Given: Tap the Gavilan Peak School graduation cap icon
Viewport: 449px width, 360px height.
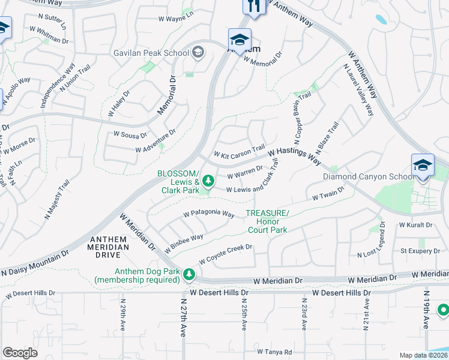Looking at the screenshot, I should pos(197,53).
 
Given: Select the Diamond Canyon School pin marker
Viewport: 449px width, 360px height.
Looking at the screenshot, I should pos(423,165).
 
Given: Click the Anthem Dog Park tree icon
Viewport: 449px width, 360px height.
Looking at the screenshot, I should pos(190,274).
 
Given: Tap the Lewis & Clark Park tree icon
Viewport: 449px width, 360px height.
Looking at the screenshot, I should pos(208,180).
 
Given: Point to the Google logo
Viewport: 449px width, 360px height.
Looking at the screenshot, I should pos(20,353).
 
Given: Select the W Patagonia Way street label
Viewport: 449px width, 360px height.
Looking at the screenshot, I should pos(208,214).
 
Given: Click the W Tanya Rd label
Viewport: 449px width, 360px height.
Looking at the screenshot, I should pos(274,352).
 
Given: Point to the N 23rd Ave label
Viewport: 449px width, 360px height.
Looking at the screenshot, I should pos(304,314).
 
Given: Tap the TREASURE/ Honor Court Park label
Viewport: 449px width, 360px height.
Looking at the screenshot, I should pos(267,221).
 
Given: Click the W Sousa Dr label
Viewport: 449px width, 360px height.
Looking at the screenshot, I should pos(122,135).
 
